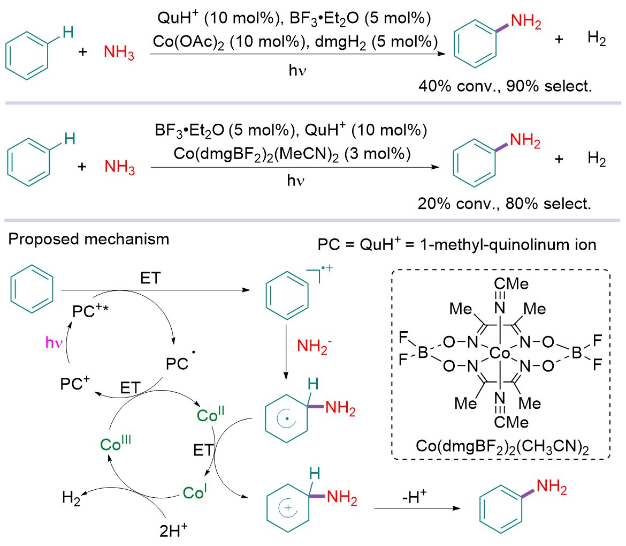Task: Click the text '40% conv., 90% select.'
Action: (506, 87)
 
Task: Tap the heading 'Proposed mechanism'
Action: (89, 238)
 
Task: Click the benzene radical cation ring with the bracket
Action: (288, 297)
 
